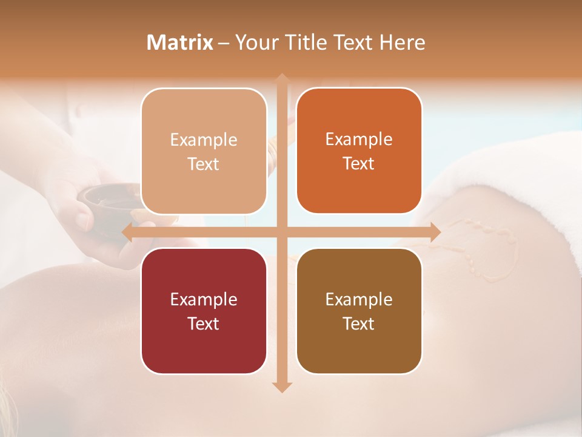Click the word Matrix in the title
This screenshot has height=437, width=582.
click(180, 42)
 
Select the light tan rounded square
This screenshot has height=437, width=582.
click(204, 151)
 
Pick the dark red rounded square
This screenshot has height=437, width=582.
click(204, 311)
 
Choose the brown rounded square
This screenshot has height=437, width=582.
click(359, 311)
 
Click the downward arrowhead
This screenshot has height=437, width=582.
click(282, 387)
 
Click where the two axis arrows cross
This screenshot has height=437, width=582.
click(282, 232)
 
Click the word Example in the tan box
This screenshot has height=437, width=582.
click(204, 140)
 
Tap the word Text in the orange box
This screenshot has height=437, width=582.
click(359, 163)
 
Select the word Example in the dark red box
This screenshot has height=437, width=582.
click(204, 299)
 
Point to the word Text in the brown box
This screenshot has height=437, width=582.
click(359, 324)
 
